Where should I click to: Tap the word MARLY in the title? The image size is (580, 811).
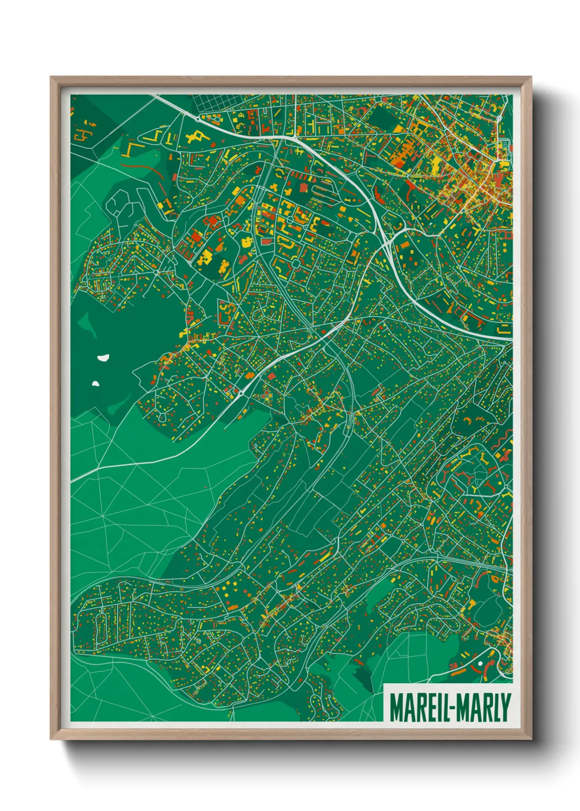[x=482, y=707]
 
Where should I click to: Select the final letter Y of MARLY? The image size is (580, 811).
[x=505, y=707]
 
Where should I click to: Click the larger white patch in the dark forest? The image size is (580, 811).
[x=102, y=358]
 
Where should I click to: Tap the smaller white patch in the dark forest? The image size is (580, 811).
[x=95, y=384]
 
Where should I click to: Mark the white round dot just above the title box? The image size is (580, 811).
[x=480, y=664]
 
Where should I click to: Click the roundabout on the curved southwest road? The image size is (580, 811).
[x=241, y=393]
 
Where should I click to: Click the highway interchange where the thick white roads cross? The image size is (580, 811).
[x=388, y=241]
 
